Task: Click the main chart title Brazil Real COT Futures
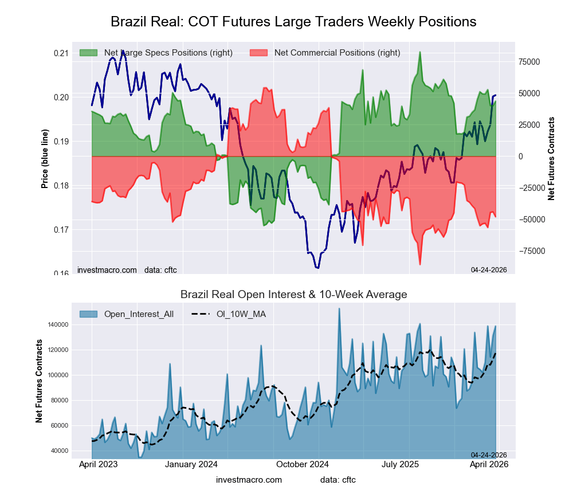[x=293, y=22]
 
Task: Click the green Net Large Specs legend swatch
[x=89, y=53]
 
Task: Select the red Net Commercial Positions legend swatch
[x=259, y=53]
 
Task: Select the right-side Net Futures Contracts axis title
[x=551, y=158]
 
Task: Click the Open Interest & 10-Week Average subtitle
[x=293, y=295]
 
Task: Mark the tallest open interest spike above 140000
[x=339, y=309]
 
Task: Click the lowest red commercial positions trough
[x=420, y=264]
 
